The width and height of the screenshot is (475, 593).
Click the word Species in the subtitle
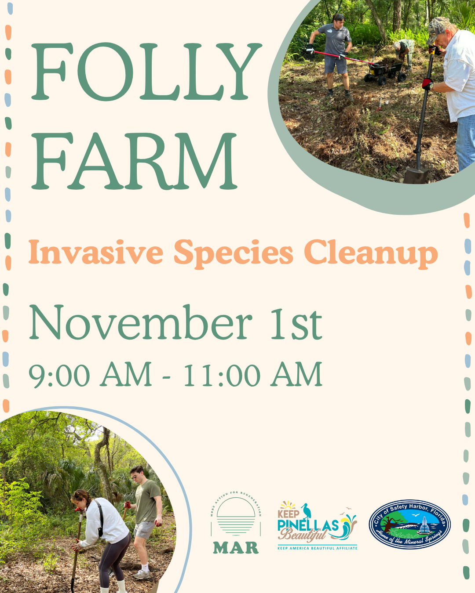[233, 254]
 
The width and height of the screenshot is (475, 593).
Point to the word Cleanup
[371, 254]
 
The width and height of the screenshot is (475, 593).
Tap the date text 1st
[296, 324]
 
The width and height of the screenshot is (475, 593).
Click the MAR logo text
[236, 548]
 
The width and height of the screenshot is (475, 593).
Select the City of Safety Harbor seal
[409, 524]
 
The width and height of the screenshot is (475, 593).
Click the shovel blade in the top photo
[416, 175]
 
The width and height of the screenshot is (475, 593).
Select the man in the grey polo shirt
[335, 48]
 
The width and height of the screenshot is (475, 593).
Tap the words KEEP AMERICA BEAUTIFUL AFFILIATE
[317, 548]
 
